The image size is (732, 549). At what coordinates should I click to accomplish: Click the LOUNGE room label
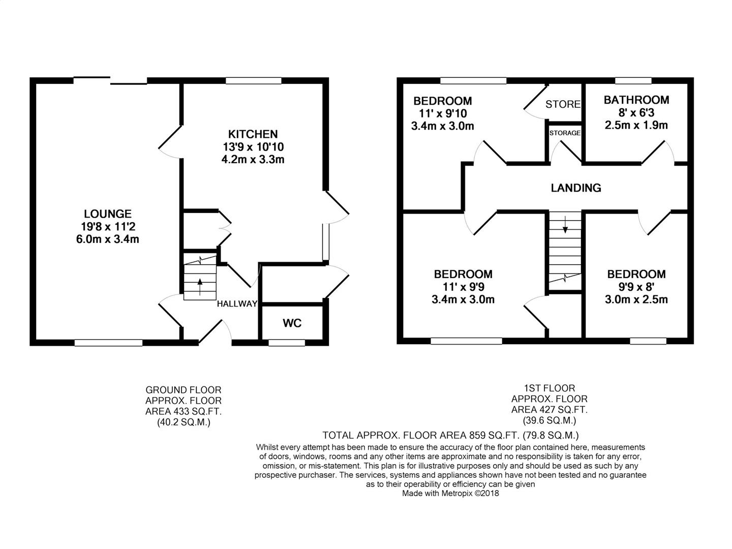pos(107,213)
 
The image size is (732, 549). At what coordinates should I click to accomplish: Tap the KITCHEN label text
pos(253,134)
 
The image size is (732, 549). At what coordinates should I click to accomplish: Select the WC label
pos(292,323)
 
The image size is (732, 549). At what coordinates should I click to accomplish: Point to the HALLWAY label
pos(237,303)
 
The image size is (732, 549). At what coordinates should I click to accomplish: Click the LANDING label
pos(576,188)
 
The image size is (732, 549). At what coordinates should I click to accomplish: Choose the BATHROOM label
pos(636,100)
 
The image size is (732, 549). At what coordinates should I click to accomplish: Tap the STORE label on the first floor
pos(563,104)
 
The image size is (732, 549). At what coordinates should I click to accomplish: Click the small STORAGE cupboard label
pos(565,133)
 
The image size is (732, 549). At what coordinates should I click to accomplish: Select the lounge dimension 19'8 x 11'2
pos(108,227)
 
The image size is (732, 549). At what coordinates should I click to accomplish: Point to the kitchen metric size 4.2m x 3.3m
pos(253,159)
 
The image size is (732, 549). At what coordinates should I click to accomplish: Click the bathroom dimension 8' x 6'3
pos(636,113)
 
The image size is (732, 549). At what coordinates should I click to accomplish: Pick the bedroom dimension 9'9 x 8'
pos(636,287)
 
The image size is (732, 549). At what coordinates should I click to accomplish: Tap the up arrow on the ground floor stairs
pos(200,287)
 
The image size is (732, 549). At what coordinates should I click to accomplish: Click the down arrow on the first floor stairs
pos(565,224)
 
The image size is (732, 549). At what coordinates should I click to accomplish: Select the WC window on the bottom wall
pos(287,343)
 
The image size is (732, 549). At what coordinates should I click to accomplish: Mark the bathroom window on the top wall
pos(633,80)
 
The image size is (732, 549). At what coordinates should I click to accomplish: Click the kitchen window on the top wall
pos(254,80)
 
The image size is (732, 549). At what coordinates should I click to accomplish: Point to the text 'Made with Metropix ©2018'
pos(450,493)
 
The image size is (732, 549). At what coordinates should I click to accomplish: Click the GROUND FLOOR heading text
pos(184,390)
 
